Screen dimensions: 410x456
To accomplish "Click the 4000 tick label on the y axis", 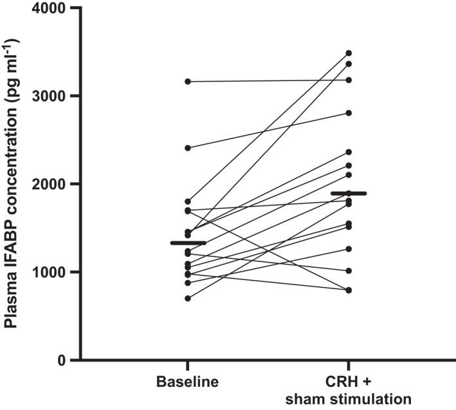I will (x=50, y=8).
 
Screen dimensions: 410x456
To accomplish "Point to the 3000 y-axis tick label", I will (x=50, y=96).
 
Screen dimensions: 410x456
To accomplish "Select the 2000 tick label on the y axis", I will (x=50, y=184).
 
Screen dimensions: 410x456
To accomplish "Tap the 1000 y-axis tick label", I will (x=50, y=272).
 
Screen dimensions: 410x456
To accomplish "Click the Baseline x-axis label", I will (x=187, y=382).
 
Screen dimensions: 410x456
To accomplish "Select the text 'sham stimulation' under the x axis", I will (x=349, y=398).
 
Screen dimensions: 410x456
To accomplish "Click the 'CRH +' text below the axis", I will (x=349, y=382).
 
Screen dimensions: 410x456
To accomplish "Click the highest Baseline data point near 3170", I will (x=187, y=81).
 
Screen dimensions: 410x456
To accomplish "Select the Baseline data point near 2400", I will (x=187, y=148).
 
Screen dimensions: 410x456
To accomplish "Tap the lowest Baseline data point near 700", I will (x=187, y=298).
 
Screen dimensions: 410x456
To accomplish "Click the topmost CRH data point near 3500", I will (x=349, y=53).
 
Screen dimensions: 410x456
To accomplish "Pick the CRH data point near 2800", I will (x=349, y=113).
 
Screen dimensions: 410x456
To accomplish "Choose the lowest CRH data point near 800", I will (x=349, y=290).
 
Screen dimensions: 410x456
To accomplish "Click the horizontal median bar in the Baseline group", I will (x=188, y=243).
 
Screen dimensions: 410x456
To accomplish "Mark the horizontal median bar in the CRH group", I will (x=349, y=193).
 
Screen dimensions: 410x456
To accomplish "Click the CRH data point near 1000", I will (x=349, y=270).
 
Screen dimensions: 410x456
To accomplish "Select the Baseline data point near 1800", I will (x=187, y=201).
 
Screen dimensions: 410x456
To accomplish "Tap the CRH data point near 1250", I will (x=349, y=248).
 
